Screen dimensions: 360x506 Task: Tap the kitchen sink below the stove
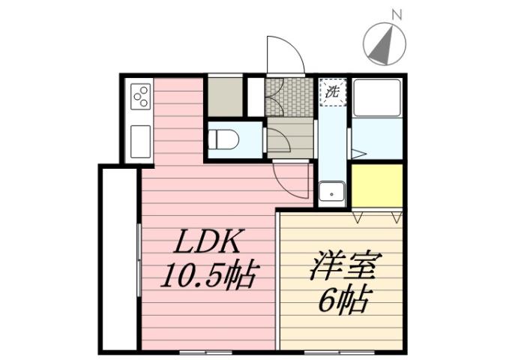141,140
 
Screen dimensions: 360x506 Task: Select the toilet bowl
224,139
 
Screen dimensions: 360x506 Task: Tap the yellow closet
376,185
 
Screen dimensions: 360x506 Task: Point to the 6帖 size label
343,301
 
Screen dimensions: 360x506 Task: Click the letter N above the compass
397,13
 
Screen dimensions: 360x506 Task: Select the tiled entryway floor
289,96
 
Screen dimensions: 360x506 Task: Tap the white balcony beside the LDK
118,259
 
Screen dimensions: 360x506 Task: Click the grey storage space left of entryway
225,96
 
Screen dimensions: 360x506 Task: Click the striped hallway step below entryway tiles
290,137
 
